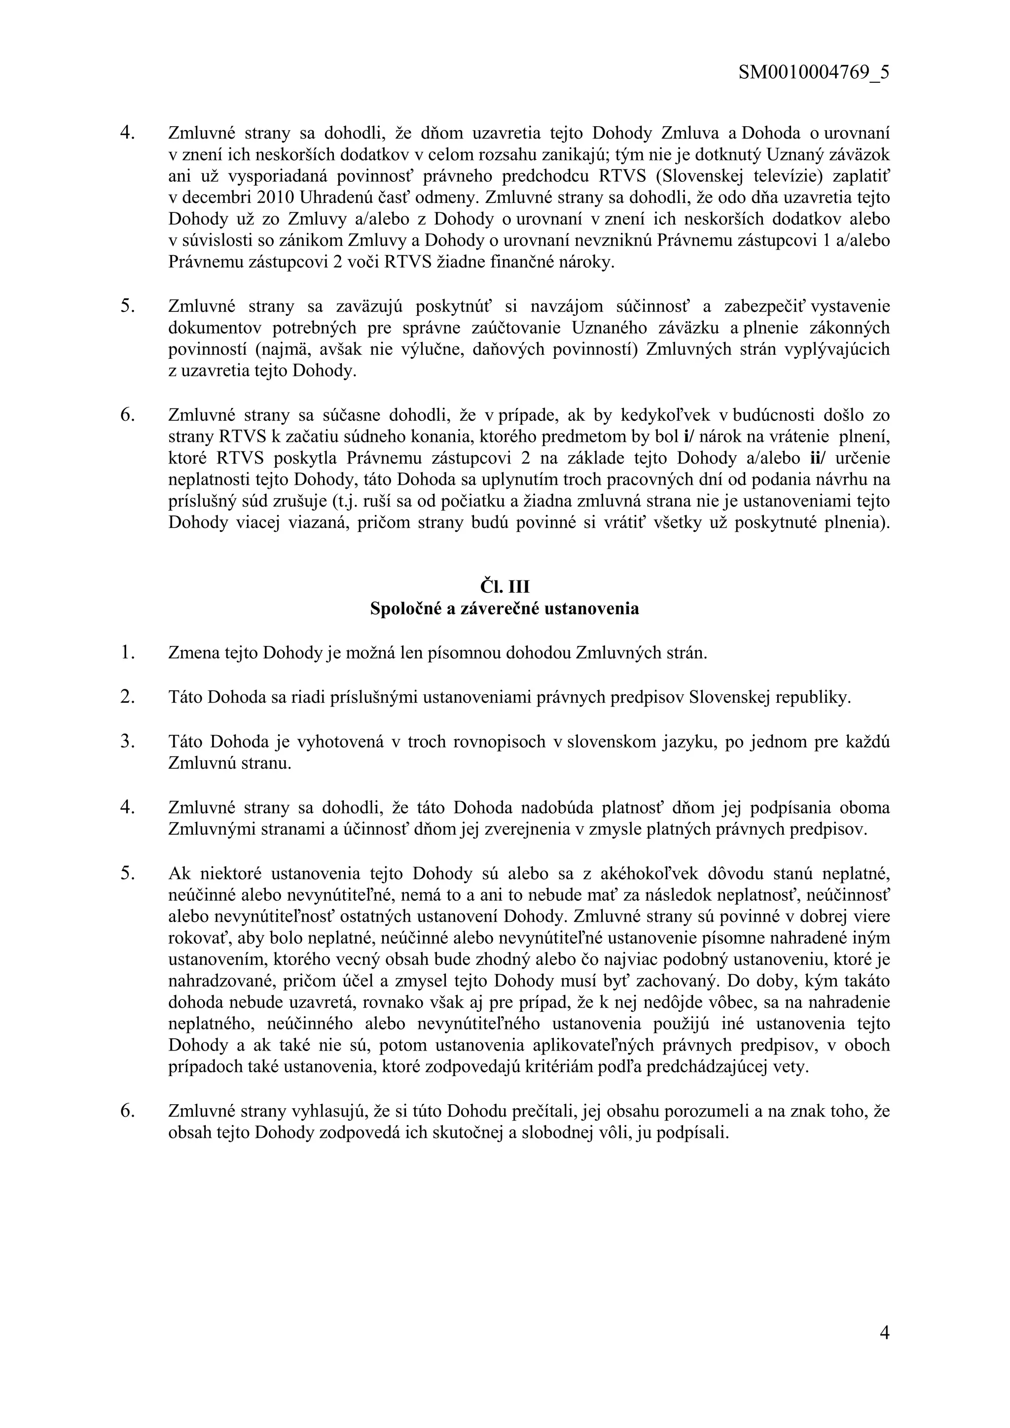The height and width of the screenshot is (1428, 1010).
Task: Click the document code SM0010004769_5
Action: click(x=813, y=73)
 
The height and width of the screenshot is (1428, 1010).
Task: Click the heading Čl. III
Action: click(x=504, y=586)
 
